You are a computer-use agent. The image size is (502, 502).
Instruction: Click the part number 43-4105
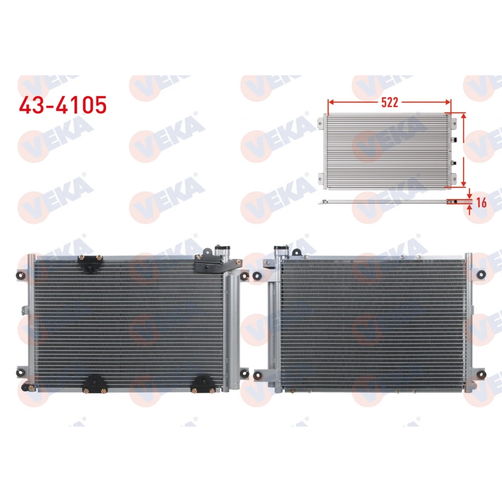pyautogui.click(x=62, y=104)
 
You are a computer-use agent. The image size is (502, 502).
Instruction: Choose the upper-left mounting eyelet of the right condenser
pyautogui.click(x=258, y=274)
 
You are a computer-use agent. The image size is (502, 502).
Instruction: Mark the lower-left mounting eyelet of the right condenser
pyautogui.click(x=258, y=375)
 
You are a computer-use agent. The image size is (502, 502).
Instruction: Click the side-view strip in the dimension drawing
pyautogui.click(x=390, y=201)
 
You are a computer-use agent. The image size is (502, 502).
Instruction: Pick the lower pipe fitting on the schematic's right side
pyautogui.click(x=454, y=162)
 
